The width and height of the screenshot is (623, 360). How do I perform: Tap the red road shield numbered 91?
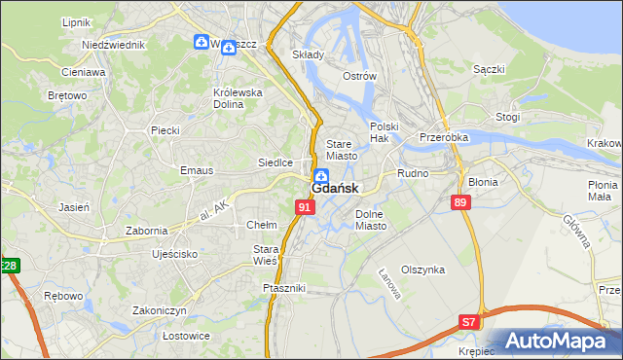point(305,207)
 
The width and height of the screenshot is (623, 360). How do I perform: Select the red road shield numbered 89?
point(460,202)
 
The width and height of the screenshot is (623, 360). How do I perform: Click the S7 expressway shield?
point(469,321)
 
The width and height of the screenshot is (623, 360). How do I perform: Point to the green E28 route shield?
point(9,266)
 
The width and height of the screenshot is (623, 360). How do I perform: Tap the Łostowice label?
point(160,336)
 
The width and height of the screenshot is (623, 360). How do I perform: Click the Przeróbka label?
point(444,138)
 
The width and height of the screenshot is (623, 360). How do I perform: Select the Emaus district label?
point(196,170)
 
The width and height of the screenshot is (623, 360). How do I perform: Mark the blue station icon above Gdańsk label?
point(320,174)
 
